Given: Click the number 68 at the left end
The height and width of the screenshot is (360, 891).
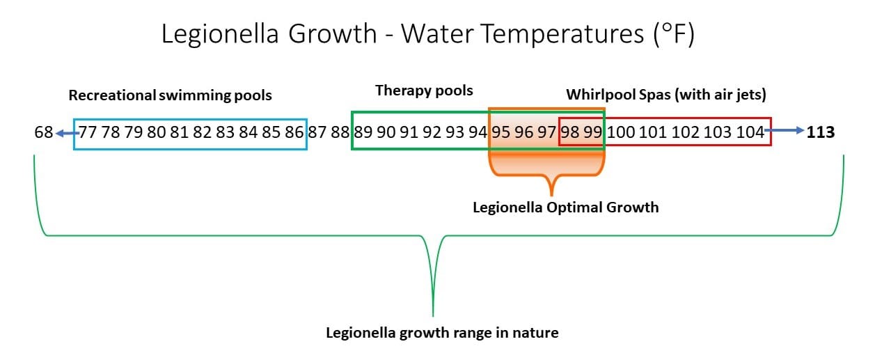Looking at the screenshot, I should point(43,132).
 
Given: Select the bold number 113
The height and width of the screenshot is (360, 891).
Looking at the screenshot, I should point(820,132).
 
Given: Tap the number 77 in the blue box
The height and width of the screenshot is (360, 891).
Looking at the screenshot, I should point(88,132).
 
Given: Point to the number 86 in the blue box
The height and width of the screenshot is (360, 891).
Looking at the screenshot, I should point(294,132).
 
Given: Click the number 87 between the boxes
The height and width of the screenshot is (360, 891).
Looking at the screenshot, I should point(317,132).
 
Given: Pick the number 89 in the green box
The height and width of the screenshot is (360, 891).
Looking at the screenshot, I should point(363,132).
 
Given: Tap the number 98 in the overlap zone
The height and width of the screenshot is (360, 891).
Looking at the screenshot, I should point(570,132).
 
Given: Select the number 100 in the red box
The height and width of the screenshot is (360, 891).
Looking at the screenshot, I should point(621,132).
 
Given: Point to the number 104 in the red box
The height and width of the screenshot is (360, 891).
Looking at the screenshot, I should point(749,132).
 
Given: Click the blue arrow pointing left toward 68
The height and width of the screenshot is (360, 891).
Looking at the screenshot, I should point(67,132).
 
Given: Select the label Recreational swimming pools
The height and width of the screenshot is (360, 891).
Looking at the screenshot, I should point(170,95).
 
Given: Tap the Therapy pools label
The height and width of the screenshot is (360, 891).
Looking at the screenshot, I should point(424,91).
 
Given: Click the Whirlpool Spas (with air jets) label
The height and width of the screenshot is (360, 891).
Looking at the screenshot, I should point(666,94).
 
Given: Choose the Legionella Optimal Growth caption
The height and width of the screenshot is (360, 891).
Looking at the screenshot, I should point(565,207).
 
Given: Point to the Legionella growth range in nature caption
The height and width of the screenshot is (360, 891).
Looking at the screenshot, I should point(442,332).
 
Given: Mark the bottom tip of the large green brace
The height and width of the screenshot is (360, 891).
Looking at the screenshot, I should point(433,315).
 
